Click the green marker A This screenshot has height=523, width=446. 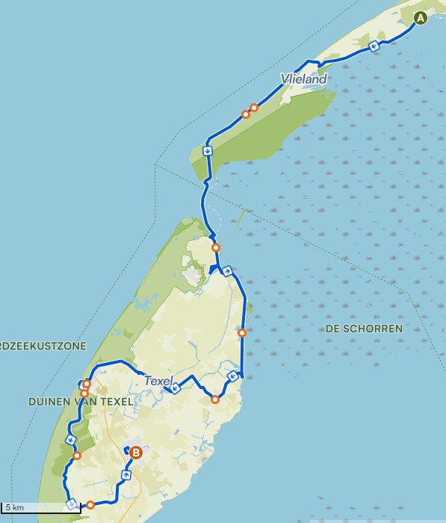421,18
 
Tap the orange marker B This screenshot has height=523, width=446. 135,452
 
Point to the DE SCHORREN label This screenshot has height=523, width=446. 364,328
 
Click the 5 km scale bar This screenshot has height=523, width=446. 41,510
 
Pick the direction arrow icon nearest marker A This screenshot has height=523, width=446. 374,46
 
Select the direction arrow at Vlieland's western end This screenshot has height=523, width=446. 207,150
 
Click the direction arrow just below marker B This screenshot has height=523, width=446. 126,474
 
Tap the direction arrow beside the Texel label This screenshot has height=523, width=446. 175,388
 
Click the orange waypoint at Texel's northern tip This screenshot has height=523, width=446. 216,248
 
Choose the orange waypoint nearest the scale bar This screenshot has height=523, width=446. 90,504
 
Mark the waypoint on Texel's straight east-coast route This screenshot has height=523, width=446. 241,332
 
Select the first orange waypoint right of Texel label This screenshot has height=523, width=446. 215,399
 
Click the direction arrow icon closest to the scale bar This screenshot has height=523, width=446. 71,504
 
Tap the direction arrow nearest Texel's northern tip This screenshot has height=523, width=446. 226,271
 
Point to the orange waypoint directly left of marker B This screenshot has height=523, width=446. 77,456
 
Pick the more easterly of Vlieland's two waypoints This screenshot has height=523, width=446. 254,108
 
